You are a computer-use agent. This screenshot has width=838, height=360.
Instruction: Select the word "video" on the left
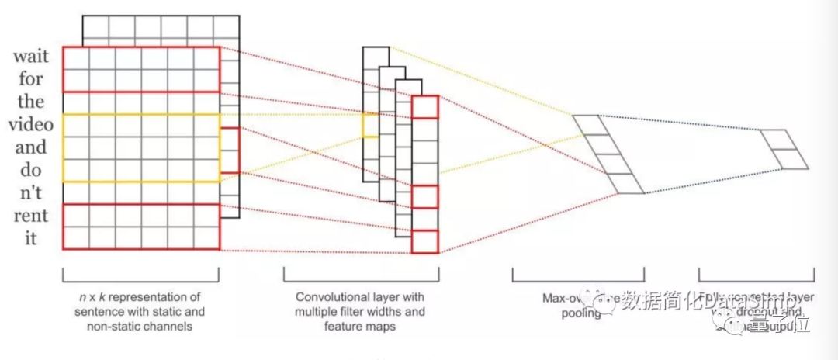[x=28, y=124]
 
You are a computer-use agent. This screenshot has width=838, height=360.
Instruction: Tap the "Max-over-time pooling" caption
[x=577, y=306]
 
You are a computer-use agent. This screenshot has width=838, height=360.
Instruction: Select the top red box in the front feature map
[x=425, y=107]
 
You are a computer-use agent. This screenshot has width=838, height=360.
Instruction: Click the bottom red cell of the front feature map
[x=425, y=242]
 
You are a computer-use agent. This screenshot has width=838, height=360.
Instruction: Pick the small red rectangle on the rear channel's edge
[x=230, y=149]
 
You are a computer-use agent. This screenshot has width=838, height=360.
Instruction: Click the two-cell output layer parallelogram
[x=784, y=149]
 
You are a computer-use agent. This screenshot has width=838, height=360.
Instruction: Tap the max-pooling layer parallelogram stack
[x=608, y=154]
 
